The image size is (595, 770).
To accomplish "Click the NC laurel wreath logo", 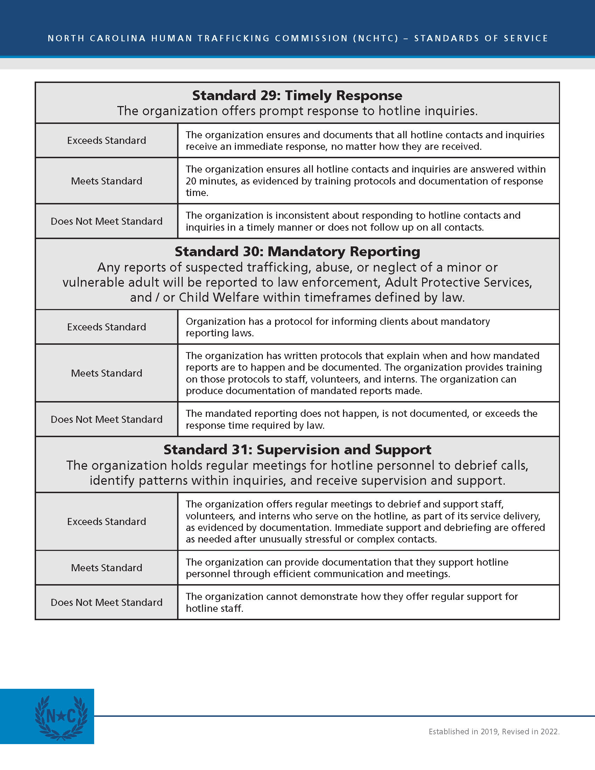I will coord(61,717).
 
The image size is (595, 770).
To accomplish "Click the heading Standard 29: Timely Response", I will coord(297,96).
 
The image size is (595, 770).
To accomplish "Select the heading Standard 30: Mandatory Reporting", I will coord(297,252).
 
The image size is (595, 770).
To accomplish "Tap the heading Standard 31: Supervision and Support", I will coord(297,450).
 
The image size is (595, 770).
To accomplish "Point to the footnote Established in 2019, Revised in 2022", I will coord(494,731).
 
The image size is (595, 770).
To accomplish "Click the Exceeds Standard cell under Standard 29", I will coord(106,140).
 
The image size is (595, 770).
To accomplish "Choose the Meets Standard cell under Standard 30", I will coord(106,373).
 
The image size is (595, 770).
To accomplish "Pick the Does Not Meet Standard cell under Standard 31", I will coord(106,602).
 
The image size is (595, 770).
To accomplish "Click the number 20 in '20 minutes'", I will coord(191,181).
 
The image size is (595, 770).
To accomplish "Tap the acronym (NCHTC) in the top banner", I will coord(376,38).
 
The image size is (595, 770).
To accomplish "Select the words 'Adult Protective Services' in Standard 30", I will coord(458,282).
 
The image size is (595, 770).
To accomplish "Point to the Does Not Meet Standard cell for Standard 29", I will coord(106,221).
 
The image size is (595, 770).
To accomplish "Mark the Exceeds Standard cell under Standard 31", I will coord(106,521).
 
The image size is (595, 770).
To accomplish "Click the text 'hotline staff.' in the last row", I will coord(214,609).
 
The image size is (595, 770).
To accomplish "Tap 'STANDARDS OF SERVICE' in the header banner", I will coord(481,38).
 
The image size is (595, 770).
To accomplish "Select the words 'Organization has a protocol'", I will coord(240,321).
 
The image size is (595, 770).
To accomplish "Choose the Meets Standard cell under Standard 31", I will coord(106,568).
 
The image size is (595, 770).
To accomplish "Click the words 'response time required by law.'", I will coord(255,426).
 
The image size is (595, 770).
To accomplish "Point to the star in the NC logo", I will coord(61,716).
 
